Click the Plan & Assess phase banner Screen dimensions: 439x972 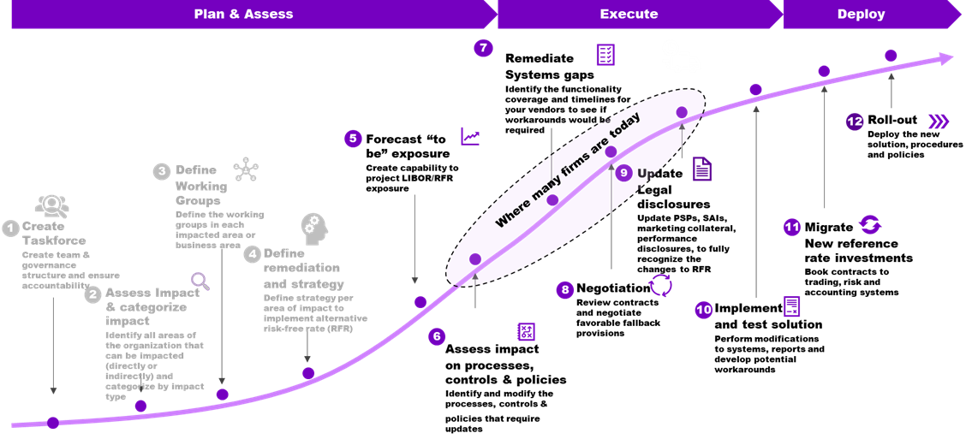click(244, 15)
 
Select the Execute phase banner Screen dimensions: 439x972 click(629, 15)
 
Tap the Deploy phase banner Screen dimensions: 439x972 click(861, 15)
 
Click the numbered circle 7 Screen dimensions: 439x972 click(483, 48)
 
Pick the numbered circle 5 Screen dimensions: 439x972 click(353, 139)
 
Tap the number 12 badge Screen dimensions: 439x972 click(855, 122)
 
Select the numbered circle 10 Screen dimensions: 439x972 click(704, 310)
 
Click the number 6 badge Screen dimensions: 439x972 click(437, 336)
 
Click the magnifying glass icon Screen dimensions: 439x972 click(200, 281)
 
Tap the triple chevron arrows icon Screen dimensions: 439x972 click(939, 122)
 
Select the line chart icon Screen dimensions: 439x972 click(470, 136)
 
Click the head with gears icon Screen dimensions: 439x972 click(313, 228)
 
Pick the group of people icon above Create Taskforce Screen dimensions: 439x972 click(52, 205)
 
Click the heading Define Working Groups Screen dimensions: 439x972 click(201, 185)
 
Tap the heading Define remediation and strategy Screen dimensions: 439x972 click(303, 268)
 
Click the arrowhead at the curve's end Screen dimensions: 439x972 click(945, 58)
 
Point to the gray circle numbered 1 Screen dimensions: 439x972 click(10, 228)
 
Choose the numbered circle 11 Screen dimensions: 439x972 click(792, 227)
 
